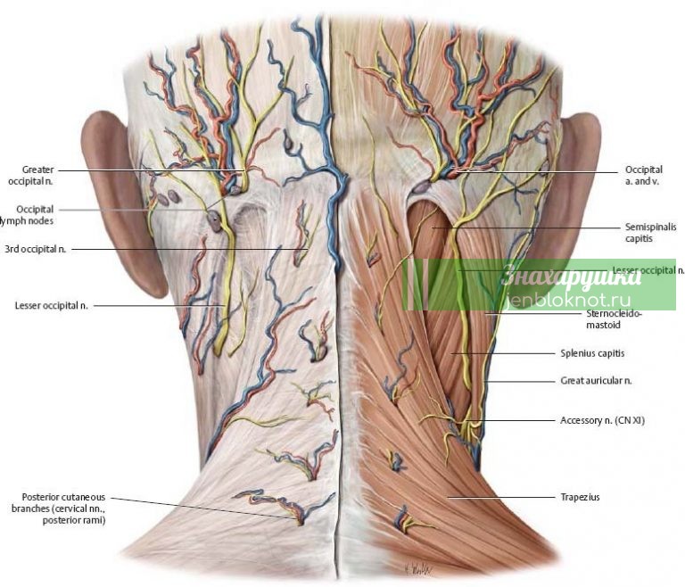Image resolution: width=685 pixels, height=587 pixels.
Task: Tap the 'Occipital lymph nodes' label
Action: click(x=28, y=214)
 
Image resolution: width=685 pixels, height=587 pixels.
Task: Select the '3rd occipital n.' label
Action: click(x=35, y=249)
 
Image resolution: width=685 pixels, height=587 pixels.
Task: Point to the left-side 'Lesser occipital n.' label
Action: click(x=51, y=305)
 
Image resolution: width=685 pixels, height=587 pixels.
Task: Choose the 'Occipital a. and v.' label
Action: click(x=642, y=174)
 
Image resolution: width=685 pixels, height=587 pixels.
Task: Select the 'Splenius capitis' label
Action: click(x=592, y=352)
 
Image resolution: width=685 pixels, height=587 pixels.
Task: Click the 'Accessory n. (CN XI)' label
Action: click(x=602, y=419)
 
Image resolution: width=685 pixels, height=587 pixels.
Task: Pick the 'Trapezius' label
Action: click(x=580, y=497)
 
